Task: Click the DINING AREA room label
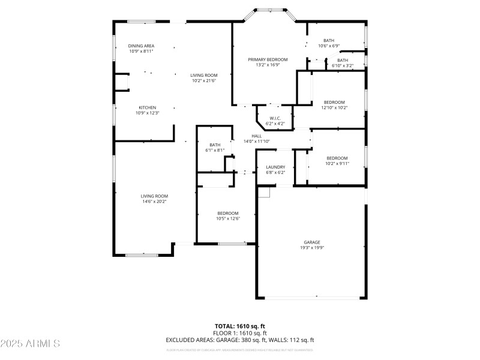point(142,46)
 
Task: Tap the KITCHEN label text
point(148,107)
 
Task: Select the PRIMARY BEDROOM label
point(268,59)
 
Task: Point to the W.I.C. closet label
point(275,118)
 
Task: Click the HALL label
point(256,136)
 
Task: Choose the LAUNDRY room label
point(275,167)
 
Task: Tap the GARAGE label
point(311,242)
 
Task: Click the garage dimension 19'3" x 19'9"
point(311,247)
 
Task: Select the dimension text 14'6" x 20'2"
point(154,202)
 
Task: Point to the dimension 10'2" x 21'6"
point(204,80)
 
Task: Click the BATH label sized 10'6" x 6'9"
point(329,40)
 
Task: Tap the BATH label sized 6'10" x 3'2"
point(342,60)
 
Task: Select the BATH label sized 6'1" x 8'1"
point(215,145)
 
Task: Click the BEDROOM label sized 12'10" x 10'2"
point(334,102)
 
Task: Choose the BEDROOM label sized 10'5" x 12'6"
point(228,213)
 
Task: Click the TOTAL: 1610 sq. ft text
point(240,326)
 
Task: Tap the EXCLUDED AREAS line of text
point(240,340)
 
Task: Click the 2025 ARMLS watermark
point(30,344)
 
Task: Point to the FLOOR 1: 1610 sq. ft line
point(240,333)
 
